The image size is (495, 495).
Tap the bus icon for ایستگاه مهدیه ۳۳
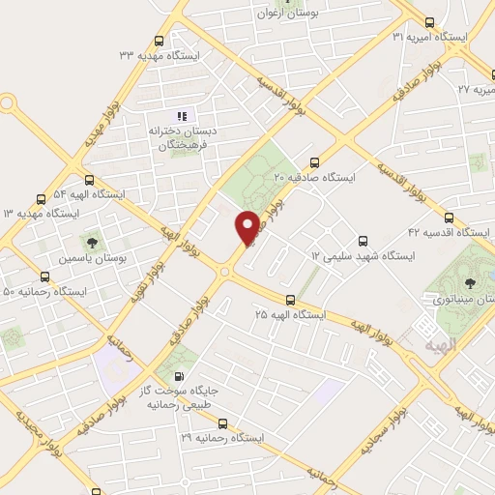tap(160, 42)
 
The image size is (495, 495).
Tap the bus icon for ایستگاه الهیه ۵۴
tap(89, 179)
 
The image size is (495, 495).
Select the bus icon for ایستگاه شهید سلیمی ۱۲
tap(364, 241)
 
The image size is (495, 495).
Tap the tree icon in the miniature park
tap(470, 283)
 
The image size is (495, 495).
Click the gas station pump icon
tap(179, 375)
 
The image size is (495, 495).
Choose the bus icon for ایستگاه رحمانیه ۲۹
tap(223, 423)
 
